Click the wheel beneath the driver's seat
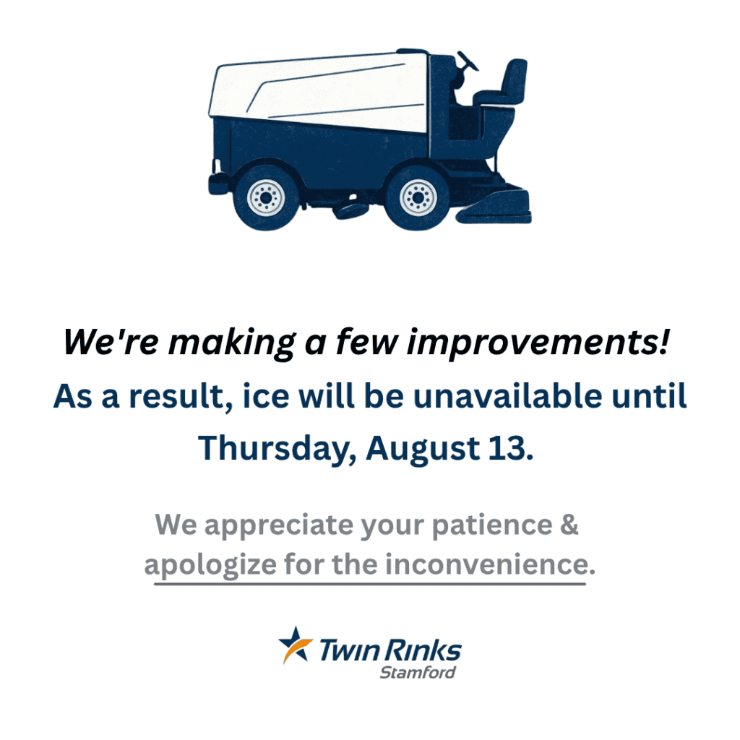pos(417,197)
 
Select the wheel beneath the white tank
pos(266,197)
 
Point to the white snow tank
pos(319,92)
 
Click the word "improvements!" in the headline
pos(538,342)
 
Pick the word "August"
pos(423,449)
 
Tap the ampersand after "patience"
pos(569,525)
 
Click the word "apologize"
pos(210,565)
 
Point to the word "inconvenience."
pos(491,564)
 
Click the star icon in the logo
pos(296,645)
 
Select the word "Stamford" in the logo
pos(418,672)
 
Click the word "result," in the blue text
pos(181,397)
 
